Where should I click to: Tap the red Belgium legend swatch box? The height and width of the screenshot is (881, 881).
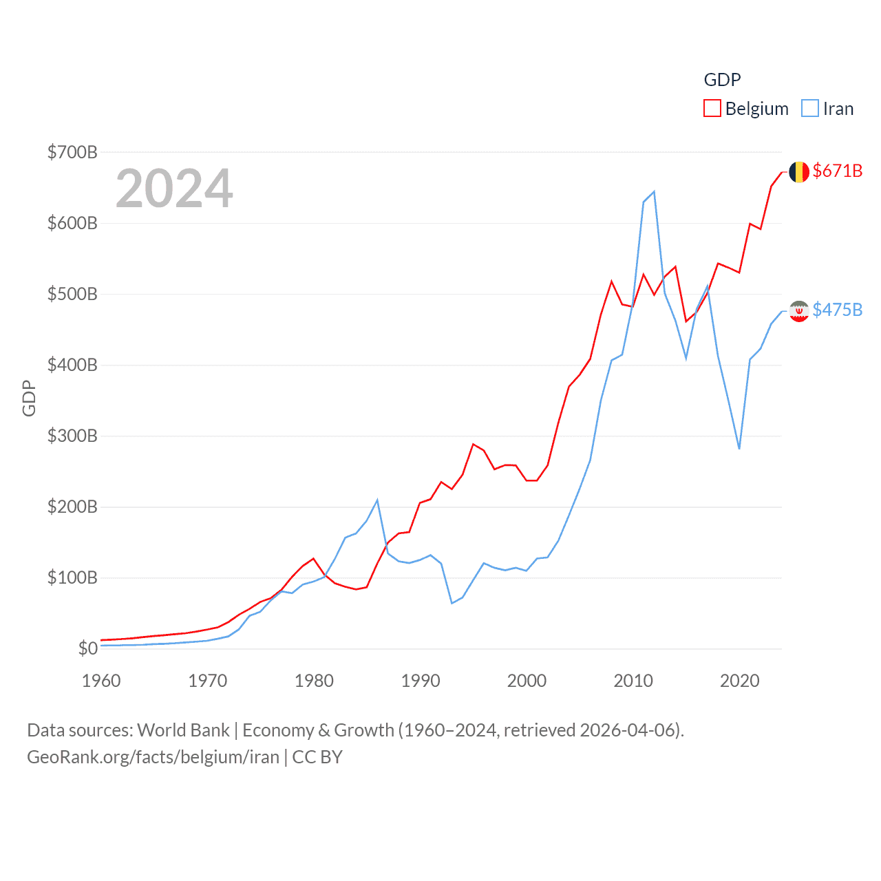(x=712, y=109)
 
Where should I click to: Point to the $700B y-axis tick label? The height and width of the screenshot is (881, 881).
(x=72, y=152)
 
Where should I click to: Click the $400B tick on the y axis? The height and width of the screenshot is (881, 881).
(x=72, y=365)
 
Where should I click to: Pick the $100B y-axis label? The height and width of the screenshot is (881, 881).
(x=72, y=577)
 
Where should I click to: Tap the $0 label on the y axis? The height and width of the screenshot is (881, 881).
(x=87, y=648)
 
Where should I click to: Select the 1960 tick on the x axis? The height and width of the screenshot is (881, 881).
(x=101, y=681)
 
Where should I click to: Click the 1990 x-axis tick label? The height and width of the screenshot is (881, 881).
(x=421, y=681)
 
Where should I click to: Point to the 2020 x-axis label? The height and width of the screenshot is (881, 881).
(x=740, y=681)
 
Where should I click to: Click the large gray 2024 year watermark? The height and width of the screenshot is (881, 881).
(x=174, y=189)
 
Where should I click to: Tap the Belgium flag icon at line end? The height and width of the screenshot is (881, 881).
(x=798, y=171)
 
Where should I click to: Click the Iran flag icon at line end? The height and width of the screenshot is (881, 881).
(x=798, y=311)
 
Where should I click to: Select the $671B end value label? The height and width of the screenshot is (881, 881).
(x=837, y=171)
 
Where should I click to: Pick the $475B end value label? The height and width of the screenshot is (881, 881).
(x=837, y=310)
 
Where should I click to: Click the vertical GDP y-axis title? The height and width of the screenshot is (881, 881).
(x=29, y=398)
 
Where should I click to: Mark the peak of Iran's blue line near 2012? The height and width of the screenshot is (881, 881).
(x=654, y=191)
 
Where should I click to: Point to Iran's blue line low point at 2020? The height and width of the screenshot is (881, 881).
(x=739, y=449)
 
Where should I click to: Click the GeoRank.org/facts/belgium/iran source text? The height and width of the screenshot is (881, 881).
(x=153, y=757)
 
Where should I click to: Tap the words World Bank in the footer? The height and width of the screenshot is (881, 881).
(x=183, y=730)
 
